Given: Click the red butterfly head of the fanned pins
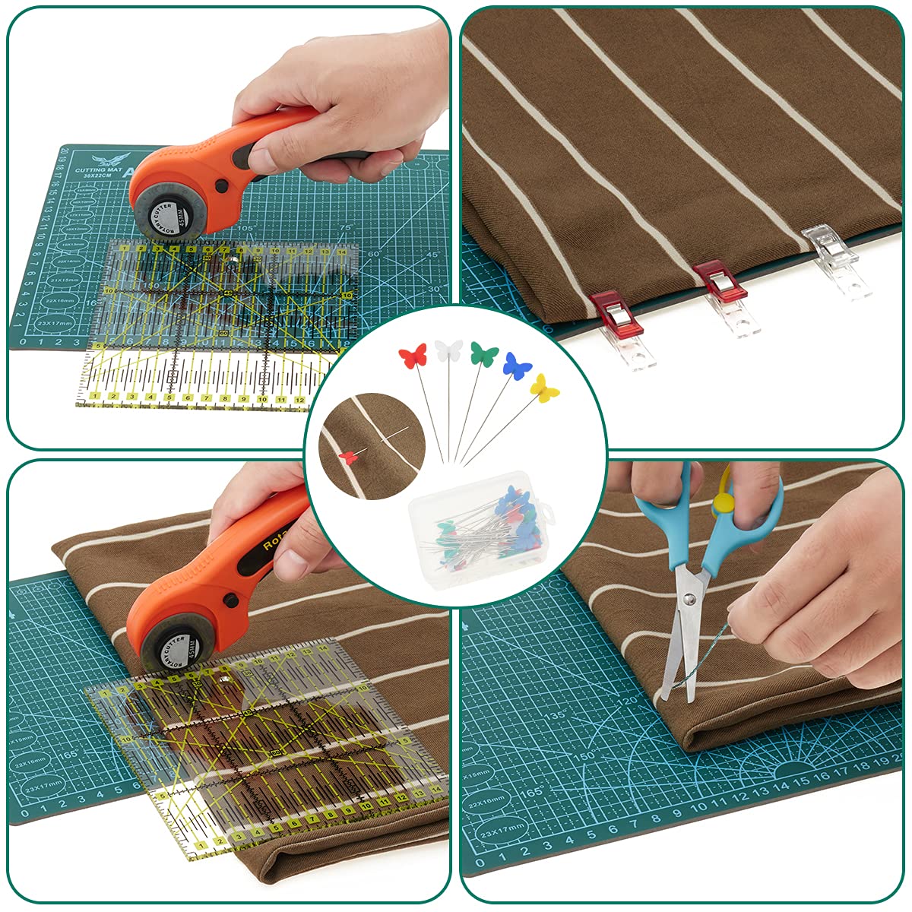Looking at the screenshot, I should pyautogui.click(x=413, y=356).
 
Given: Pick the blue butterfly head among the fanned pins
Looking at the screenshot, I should pyautogui.click(x=517, y=366).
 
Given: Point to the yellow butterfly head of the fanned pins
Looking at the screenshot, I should pyautogui.click(x=545, y=388).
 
